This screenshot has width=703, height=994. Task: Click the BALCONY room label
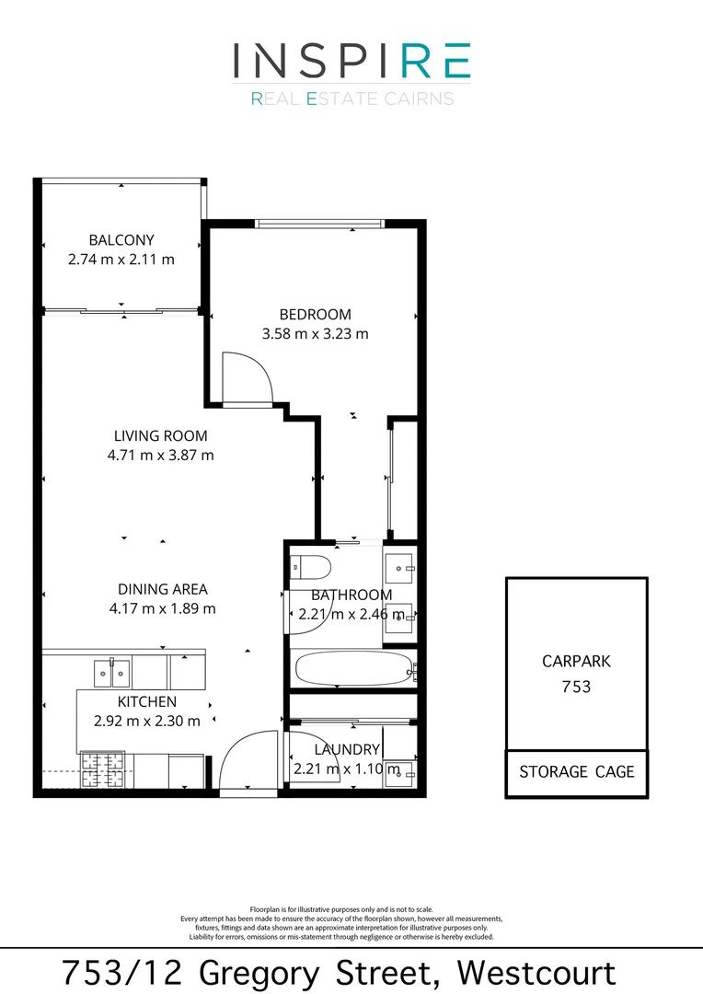coord(121,240)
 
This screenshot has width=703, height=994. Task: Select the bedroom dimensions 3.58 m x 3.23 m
coord(315,334)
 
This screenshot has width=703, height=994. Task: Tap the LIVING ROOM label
coord(161,435)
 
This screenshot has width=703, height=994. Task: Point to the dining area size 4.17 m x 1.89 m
coord(162,608)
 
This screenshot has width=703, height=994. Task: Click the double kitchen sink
coord(112,672)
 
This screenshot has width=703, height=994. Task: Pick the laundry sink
coord(400,775)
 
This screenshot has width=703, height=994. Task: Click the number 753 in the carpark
coord(576,687)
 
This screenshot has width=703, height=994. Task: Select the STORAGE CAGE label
coord(576,771)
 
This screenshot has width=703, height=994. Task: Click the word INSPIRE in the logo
coord(351,61)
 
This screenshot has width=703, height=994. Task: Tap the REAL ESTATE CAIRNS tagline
coord(351,98)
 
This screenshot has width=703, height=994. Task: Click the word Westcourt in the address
coord(537,972)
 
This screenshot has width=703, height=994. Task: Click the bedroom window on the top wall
coord(319,223)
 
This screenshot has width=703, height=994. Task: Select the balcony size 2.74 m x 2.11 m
coord(121,260)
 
